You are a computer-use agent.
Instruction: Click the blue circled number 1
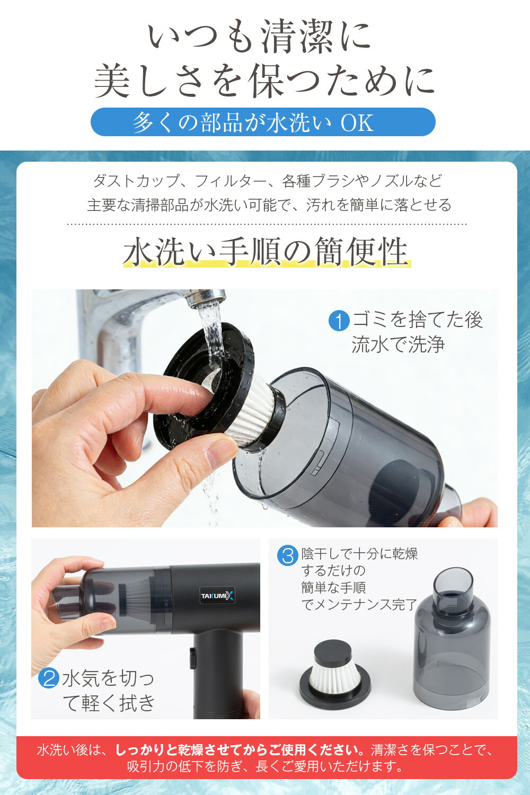(x=339, y=321)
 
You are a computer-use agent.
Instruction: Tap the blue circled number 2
(x=49, y=677)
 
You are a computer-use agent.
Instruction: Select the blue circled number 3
(x=288, y=555)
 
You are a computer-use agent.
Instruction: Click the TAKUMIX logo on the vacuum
(x=217, y=596)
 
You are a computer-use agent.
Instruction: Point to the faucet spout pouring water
(x=206, y=297)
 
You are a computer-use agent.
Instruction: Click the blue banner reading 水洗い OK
(x=263, y=122)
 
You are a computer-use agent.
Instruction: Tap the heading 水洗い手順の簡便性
(x=266, y=251)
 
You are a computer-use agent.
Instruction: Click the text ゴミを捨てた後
(x=418, y=319)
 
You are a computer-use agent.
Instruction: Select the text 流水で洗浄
(x=398, y=344)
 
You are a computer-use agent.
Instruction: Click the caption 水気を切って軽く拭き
(x=108, y=690)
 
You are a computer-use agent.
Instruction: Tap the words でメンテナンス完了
(x=359, y=604)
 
